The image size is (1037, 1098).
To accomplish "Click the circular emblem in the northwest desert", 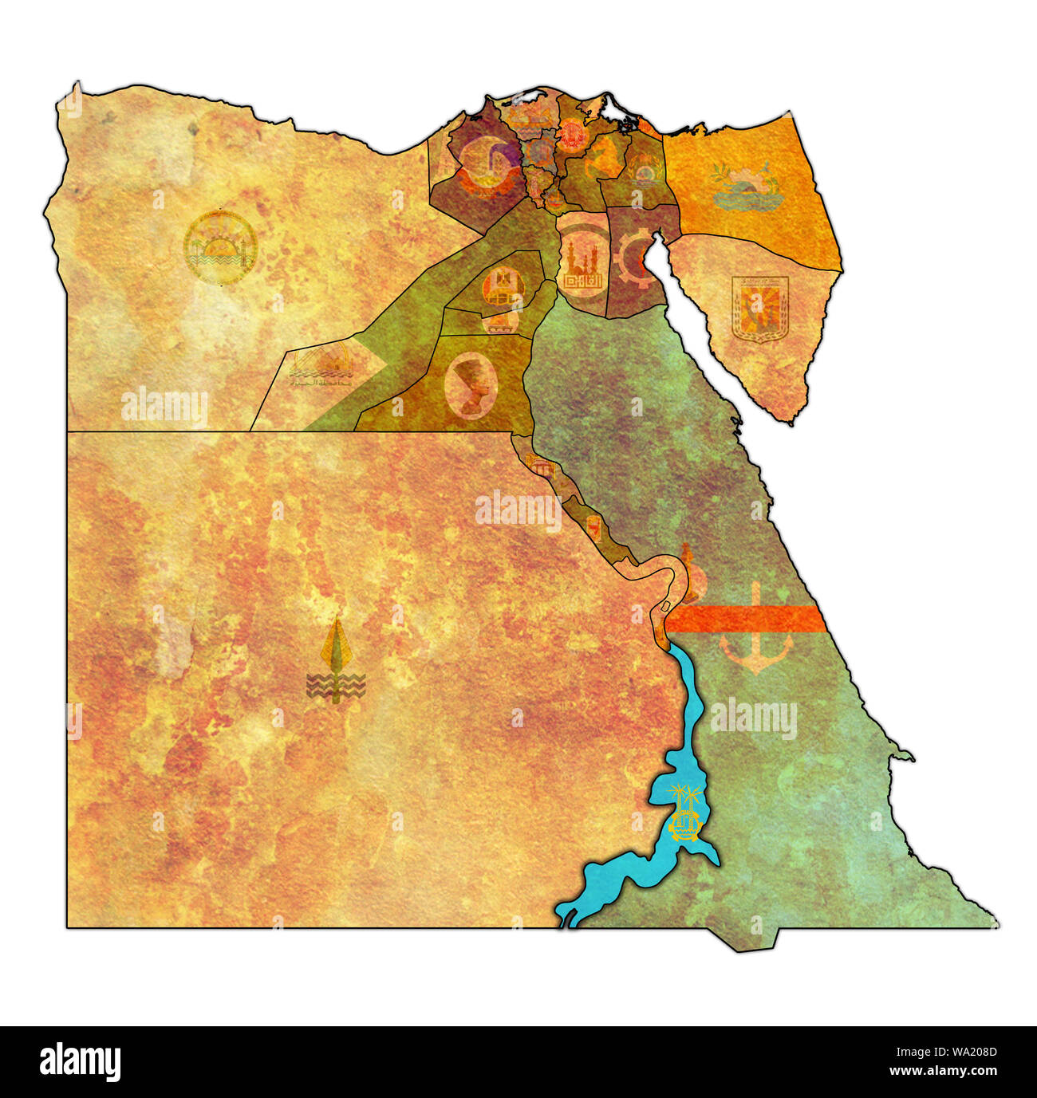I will click(219, 248).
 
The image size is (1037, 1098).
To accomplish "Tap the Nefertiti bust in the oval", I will click(471, 386).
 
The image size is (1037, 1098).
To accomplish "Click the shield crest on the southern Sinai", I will click(759, 309).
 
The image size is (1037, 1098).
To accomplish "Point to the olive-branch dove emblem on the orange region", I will click(745, 187).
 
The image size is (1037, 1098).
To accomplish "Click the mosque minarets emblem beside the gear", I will click(580, 263).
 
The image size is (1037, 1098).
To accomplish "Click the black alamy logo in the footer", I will click(80, 1062).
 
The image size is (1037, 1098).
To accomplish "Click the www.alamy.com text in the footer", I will click(944, 1070).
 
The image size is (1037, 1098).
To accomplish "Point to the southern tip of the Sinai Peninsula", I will click(790, 420).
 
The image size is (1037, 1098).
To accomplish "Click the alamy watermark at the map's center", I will click(518, 510).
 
